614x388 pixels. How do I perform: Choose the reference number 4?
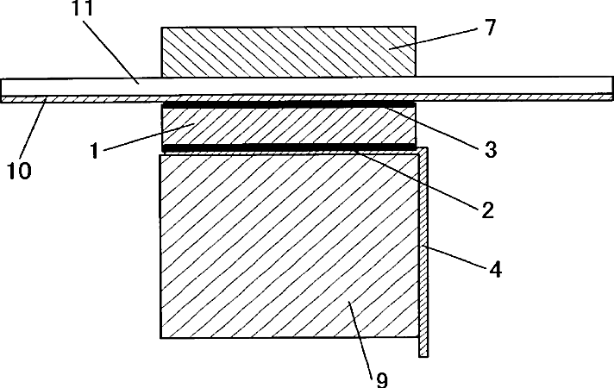point(493,269)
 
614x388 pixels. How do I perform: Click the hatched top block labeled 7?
point(288,51)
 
